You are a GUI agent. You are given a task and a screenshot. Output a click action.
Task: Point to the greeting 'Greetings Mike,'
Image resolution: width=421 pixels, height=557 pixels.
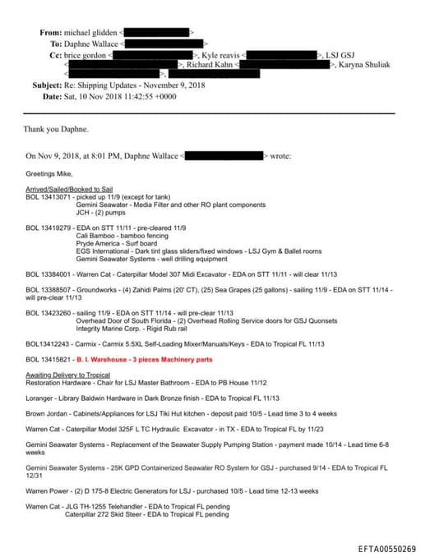click(x=50, y=174)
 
